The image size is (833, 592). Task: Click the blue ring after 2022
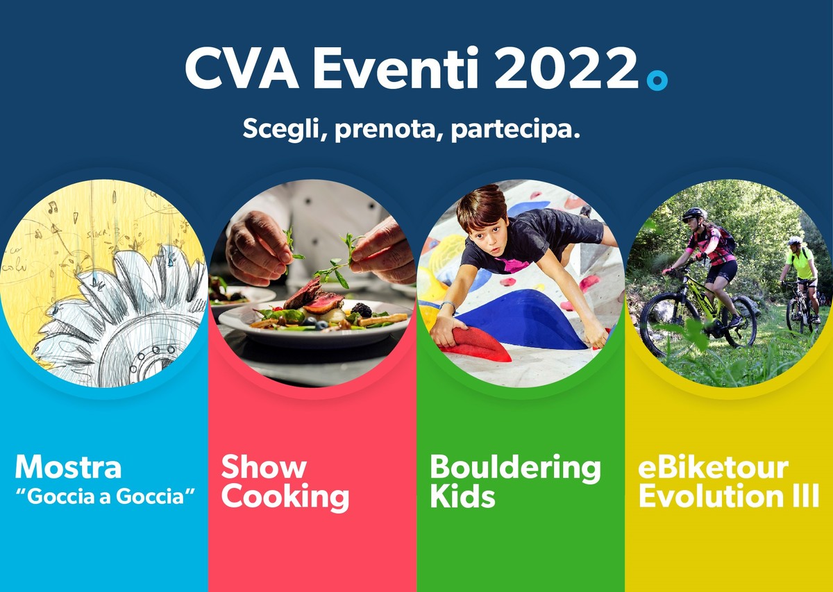(656, 80)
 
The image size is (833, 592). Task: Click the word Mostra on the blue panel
(68, 467)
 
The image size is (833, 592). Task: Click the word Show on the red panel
(264, 467)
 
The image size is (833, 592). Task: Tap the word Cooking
(285, 497)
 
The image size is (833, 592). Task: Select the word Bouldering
(515, 468)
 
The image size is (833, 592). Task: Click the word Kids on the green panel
(462, 497)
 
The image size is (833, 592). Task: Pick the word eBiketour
(713, 467)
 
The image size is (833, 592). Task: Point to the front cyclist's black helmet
(693, 214)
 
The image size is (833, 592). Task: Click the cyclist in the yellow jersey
(799, 267)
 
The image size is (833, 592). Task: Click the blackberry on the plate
(362, 310)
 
